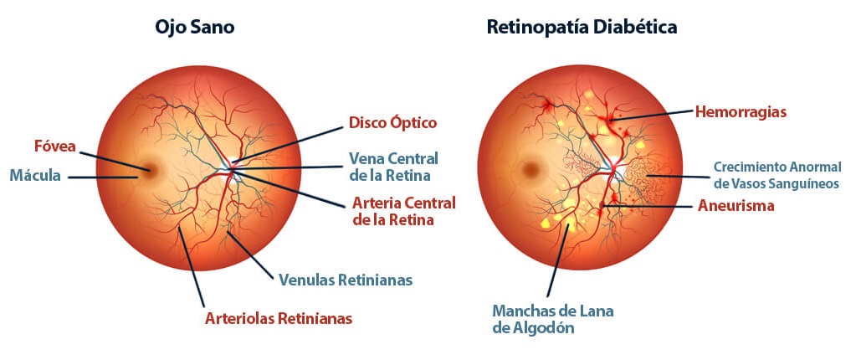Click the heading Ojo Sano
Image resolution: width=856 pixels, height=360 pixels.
click(194, 28)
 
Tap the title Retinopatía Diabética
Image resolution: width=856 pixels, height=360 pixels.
click(582, 28)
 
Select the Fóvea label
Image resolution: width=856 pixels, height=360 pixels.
click(54, 146)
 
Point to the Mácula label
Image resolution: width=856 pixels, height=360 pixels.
click(35, 176)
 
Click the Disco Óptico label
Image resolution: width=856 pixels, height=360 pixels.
click(393, 123)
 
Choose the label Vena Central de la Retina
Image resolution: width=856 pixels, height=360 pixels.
click(393, 167)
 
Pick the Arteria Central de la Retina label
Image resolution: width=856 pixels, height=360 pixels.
click(404, 212)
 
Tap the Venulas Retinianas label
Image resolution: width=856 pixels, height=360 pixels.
click(346, 280)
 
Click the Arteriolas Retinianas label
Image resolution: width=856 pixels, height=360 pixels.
click(279, 318)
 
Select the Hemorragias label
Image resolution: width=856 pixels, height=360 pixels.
click(741, 112)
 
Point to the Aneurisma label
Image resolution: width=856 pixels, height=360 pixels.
click(736, 206)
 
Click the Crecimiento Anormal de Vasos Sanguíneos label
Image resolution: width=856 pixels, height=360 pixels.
click(777, 175)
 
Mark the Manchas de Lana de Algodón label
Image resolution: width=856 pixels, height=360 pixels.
click(553, 319)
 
